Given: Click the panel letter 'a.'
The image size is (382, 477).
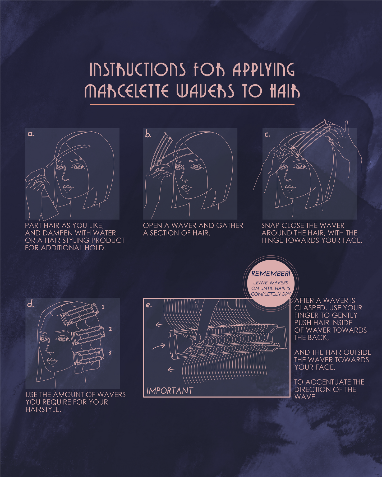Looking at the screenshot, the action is tap(31, 134).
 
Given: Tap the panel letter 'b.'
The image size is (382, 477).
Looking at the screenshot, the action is tap(148, 134).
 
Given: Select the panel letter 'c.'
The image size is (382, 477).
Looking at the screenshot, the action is tap(267, 134).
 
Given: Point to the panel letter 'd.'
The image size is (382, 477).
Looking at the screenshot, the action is tap(31, 304).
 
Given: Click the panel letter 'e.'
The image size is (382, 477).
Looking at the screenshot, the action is tap(149, 305).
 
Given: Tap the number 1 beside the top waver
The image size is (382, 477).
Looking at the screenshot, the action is tap(103, 307).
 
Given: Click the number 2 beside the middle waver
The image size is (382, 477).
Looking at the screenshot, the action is tap(110, 329).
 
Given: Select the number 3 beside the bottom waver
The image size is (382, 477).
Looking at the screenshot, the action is tap(110, 353).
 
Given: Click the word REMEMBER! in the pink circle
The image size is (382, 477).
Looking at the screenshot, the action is tap(271, 274).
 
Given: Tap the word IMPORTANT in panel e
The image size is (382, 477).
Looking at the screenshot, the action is tap(170, 391).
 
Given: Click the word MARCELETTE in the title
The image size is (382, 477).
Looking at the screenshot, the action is tap(126, 91).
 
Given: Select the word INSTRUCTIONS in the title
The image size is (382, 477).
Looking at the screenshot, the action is tap(137, 69).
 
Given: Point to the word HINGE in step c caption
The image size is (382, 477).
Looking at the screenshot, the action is tap(272, 240).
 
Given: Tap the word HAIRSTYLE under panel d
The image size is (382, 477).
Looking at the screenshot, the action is tap(42, 409).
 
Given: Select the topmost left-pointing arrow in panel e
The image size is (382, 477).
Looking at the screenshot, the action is tap(159, 324).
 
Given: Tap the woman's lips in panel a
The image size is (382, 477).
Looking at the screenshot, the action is tap(68, 188).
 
